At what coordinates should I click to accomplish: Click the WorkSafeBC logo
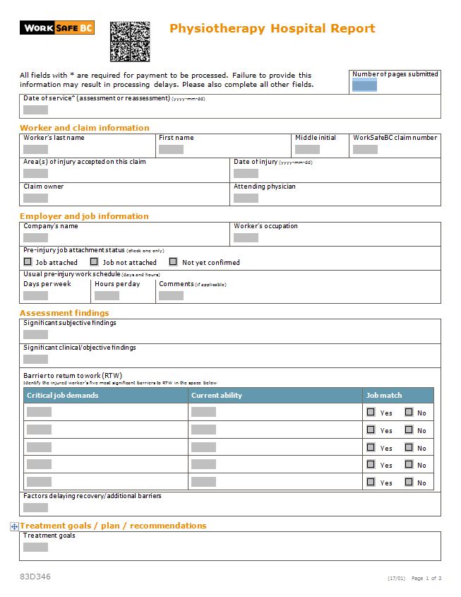[x=56, y=28]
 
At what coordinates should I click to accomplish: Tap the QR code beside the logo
[x=130, y=42]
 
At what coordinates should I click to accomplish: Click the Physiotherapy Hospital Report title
[x=273, y=29]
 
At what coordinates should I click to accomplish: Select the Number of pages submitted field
[x=364, y=85]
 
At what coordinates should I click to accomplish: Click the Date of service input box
[x=35, y=110]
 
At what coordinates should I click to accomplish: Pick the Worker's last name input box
[x=35, y=149]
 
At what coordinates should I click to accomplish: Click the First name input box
[x=171, y=149]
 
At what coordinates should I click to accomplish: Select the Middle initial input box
[x=307, y=149]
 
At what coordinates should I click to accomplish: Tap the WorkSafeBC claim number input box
[x=365, y=149]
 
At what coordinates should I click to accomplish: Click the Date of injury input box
[x=246, y=173]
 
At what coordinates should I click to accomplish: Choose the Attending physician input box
[x=246, y=198]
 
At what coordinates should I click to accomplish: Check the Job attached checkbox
[x=28, y=261]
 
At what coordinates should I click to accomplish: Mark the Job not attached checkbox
[x=95, y=261]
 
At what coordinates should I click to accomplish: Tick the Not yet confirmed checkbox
[x=173, y=261]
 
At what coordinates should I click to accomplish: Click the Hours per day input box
[x=107, y=295]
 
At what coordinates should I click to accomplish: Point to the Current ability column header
[x=217, y=396]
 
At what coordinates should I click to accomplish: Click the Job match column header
[x=384, y=396]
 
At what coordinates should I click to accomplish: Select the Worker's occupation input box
[x=246, y=237]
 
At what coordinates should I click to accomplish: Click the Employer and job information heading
[x=84, y=216]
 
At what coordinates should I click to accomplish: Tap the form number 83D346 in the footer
[x=35, y=577]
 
